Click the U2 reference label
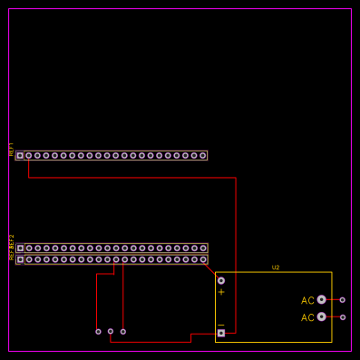276,268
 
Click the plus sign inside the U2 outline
220,292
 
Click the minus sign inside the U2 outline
220,325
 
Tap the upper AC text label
307,300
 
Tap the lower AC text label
307,317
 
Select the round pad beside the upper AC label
321,299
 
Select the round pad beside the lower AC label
321,316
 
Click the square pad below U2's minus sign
220,333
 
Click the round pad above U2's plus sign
220,280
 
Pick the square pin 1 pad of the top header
20,155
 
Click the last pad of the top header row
202,155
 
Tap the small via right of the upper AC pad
342,299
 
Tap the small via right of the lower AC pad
342,316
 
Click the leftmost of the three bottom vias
98,331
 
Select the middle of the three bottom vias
111,331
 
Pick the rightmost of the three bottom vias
123,331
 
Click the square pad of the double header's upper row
20,248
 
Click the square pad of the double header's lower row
20,259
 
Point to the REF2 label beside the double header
12,247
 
